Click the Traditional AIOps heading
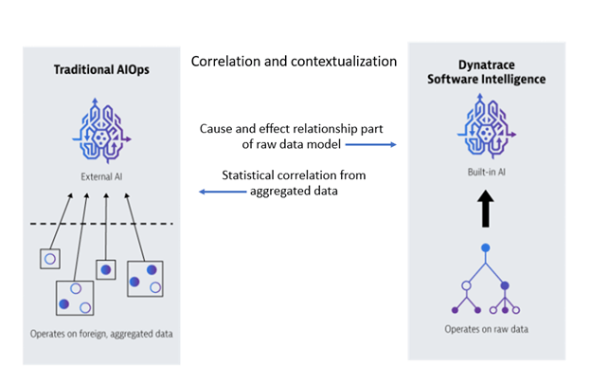tap(101, 70)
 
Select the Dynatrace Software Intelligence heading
tap(486, 72)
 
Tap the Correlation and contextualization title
tap(294, 61)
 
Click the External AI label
tap(101, 176)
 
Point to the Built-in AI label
tap(486, 173)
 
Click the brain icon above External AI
tap(101, 131)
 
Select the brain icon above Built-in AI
tap(487, 126)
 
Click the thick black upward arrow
tap(486, 209)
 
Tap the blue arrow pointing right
tap(371, 144)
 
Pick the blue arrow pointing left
tap(223, 192)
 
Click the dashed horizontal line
tap(101, 224)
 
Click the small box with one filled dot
tap(106, 269)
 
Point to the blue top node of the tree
tap(486, 247)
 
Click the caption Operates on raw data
tap(486, 329)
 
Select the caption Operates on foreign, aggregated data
tap(101, 334)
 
